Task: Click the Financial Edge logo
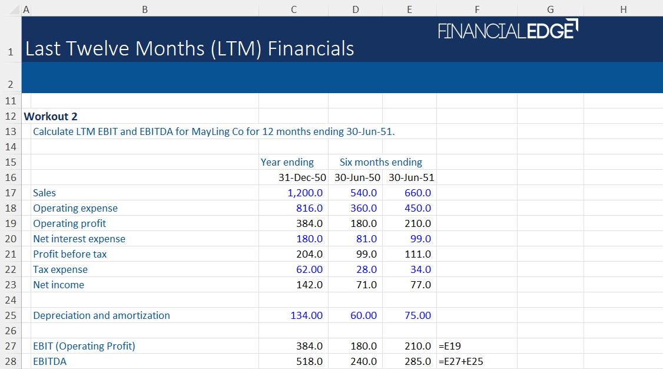[x=508, y=29]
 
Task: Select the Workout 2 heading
[x=51, y=116]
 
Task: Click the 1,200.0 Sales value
[x=305, y=193]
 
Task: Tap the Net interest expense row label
[x=79, y=239]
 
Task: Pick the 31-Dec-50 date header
[x=302, y=177]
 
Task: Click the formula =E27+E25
[x=461, y=361]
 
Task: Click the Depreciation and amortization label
[x=101, y=315]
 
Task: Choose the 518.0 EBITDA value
[x=309, y=361]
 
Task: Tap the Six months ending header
[x=380, y=162]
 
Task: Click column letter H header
[x=623, y=9]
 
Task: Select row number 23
[x=11, y=285]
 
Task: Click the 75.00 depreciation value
[x=417, y=315]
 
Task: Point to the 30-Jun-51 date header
[x=411, y=177]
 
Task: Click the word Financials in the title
[x=311, y=48]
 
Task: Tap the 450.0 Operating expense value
[x=417, y=208]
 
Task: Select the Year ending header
[x=287, y=162]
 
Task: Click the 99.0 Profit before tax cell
[x=364, y=254]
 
